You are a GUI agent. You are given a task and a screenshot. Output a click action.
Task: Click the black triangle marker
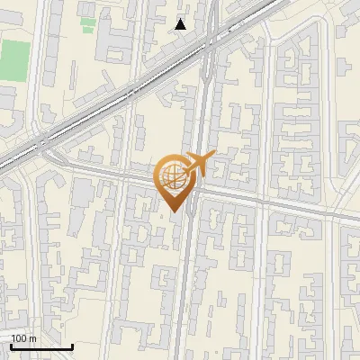pos(181,24)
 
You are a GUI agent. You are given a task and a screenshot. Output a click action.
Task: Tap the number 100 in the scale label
pos(19,338)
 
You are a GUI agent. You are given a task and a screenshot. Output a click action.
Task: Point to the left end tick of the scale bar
pos(11,346)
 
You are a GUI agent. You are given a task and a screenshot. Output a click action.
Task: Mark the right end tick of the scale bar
pos(73,346)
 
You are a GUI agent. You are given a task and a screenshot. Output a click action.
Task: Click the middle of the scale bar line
pos(41,347)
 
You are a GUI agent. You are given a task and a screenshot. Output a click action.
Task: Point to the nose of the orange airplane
pos(212,157)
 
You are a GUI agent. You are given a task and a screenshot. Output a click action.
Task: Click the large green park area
pos(13,58)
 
